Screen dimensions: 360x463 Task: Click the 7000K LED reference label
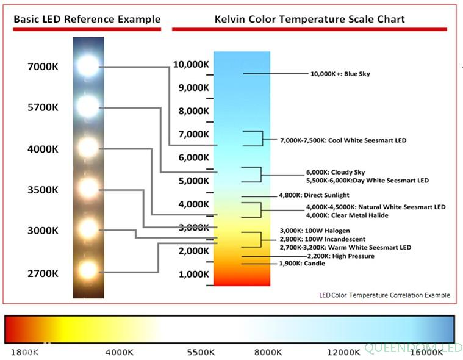43,67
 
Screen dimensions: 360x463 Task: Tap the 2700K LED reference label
43,273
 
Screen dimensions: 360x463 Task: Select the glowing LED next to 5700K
88,106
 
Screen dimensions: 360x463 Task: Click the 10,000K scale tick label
192,64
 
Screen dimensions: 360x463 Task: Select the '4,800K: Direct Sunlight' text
314,195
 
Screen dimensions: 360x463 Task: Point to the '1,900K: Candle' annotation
302,263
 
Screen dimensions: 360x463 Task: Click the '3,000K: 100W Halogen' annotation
314,231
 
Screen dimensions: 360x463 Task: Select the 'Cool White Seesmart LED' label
343,140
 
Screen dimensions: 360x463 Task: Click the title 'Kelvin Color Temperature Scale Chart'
309,19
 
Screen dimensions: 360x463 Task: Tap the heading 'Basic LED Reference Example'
87,19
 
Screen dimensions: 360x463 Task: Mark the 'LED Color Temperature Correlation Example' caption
384,295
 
